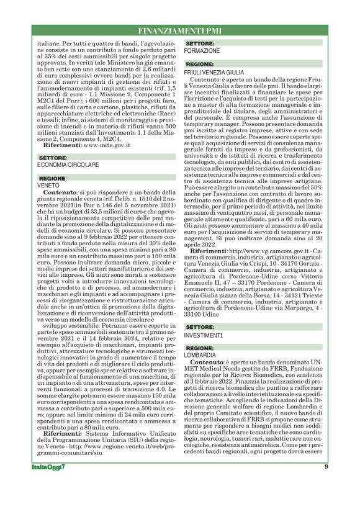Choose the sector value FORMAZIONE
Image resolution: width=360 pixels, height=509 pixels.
202,50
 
